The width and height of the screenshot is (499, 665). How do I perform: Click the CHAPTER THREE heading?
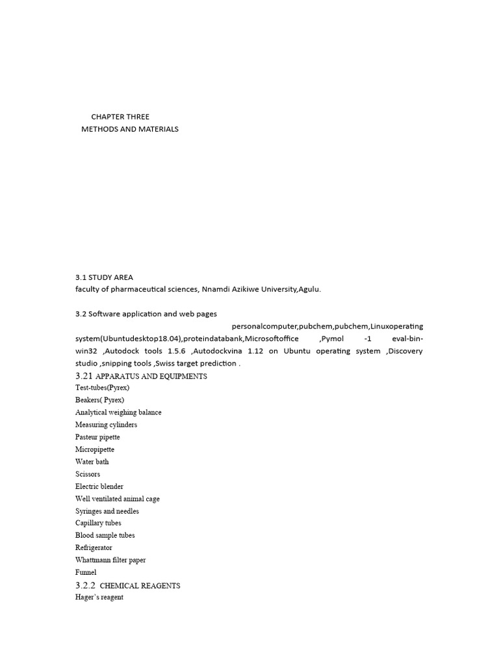pos(120,117)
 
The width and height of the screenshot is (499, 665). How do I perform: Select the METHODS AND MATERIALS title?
pos(130,129)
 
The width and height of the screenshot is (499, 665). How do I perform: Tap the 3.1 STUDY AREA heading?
pos(104,277)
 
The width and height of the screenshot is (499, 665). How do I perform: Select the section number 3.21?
pos(85,376)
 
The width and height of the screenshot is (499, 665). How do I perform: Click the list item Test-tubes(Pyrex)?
pos(102,388)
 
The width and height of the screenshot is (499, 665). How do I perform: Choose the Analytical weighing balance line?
pos(118,412)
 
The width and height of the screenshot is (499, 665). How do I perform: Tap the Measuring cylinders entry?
pos(106,425)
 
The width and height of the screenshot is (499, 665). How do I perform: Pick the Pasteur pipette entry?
pos(97,437)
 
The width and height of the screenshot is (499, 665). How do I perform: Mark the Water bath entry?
pos(92,462)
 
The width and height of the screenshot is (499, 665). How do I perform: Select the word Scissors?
pos(88,474)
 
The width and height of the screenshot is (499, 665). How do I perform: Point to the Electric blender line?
pos(99,486)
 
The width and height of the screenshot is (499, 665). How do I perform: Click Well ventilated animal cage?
pos(118,499)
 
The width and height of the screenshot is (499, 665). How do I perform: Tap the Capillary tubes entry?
pos(98,523)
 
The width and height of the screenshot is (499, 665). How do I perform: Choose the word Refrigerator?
pos(94,547)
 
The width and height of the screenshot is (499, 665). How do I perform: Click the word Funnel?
pos(86,572)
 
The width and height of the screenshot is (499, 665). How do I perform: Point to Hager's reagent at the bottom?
pos(99,597)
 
